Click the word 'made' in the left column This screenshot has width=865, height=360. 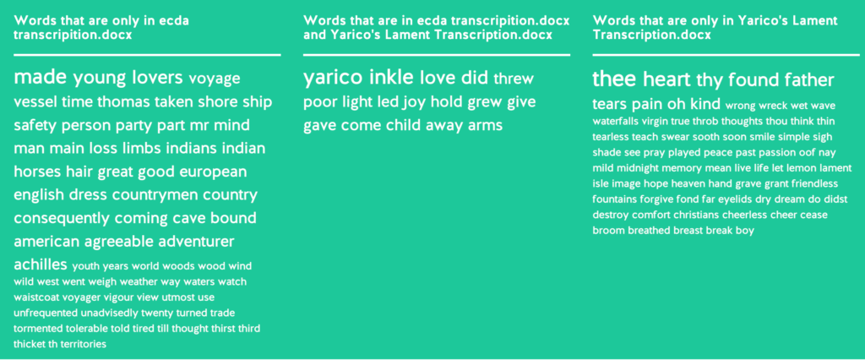pos(41,77)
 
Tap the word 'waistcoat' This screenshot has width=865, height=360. pos(37,297)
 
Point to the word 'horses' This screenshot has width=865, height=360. pos(37,172)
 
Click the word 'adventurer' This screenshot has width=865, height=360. pos(196,242)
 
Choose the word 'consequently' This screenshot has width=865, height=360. pos(62,219)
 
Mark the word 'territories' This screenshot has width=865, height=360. pos(84,345)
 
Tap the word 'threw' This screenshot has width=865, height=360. pos(514,79)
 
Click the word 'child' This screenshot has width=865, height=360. pos(403,125)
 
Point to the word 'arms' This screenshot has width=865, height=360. pos(485,126)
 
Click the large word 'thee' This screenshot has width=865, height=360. pos(615,79)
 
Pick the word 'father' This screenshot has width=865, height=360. pos(809,80)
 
